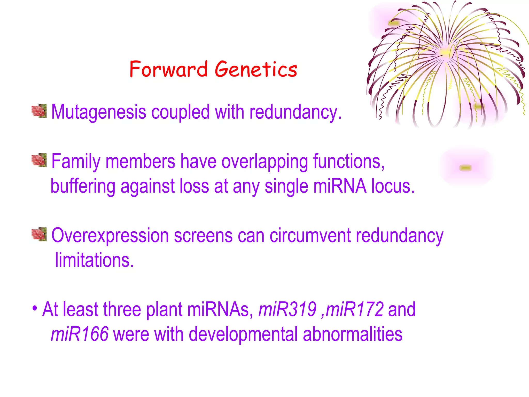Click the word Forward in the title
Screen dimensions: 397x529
click(168, 69)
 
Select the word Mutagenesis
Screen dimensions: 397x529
click(99, 112)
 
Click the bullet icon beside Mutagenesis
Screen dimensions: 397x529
click(39, 111)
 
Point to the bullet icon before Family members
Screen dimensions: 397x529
click(39, 160)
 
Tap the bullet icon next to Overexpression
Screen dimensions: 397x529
click(39, 234)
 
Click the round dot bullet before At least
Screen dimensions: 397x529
click(35, 308)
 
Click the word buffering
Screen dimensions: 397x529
click(83, 186)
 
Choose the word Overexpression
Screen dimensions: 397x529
click(110, 236)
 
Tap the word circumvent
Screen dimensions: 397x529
click(310, 236)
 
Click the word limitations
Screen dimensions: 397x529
click(94, 260)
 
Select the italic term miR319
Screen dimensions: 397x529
click(287, 309)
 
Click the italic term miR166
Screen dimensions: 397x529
click(80, 334)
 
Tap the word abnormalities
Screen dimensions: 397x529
click(353, 334)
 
